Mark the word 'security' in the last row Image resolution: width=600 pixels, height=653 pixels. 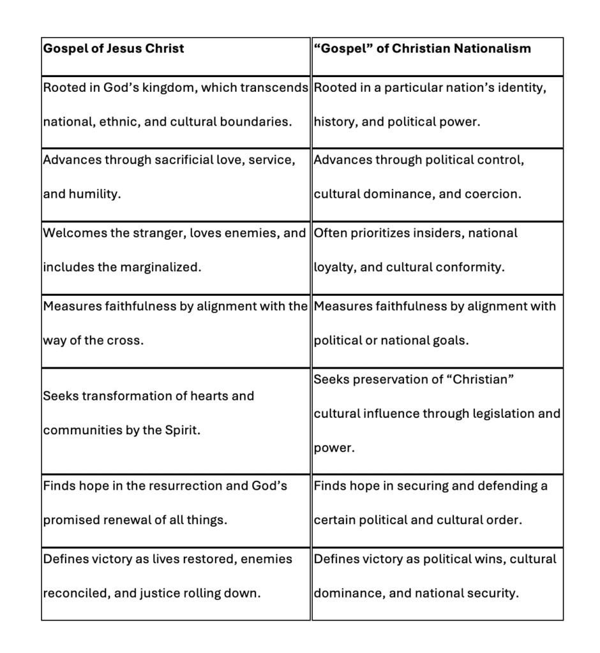point(493,593)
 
